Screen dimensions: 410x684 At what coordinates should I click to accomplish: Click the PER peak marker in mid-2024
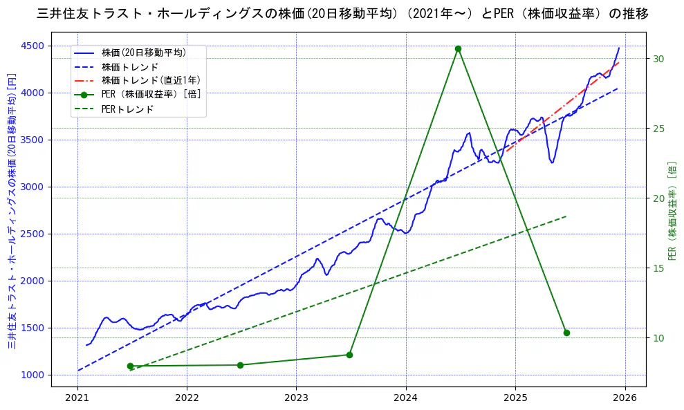(458, 48)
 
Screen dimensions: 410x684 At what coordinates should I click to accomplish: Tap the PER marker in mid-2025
(566, 333)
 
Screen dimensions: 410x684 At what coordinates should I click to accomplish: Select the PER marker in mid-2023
(349, 355)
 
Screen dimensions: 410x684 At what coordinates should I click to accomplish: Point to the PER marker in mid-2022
(240, 365)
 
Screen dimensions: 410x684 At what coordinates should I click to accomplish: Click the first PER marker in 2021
(130, 366)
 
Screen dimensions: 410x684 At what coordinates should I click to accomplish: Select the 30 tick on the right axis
(658, 59)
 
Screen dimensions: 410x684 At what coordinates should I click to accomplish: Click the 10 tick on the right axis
(658, 338)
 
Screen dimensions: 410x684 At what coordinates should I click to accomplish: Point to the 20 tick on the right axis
(658, 198)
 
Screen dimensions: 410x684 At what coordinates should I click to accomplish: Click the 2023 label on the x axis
(296, 398)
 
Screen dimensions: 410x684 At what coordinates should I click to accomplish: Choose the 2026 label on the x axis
(625, 398)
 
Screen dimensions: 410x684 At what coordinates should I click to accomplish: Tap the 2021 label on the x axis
(77, 398)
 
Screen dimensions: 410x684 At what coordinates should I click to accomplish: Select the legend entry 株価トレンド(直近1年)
(151, 81)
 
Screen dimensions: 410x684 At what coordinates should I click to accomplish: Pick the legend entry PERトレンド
(127, 109)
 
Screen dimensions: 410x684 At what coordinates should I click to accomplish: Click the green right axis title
(672, 211)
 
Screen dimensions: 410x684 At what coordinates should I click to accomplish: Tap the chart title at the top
(342, 13)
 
